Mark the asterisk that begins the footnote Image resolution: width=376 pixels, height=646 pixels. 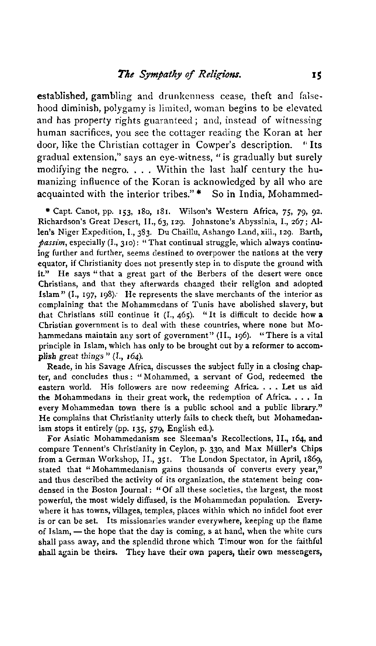point(49,208)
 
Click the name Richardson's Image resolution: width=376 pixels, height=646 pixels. point(60,218)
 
